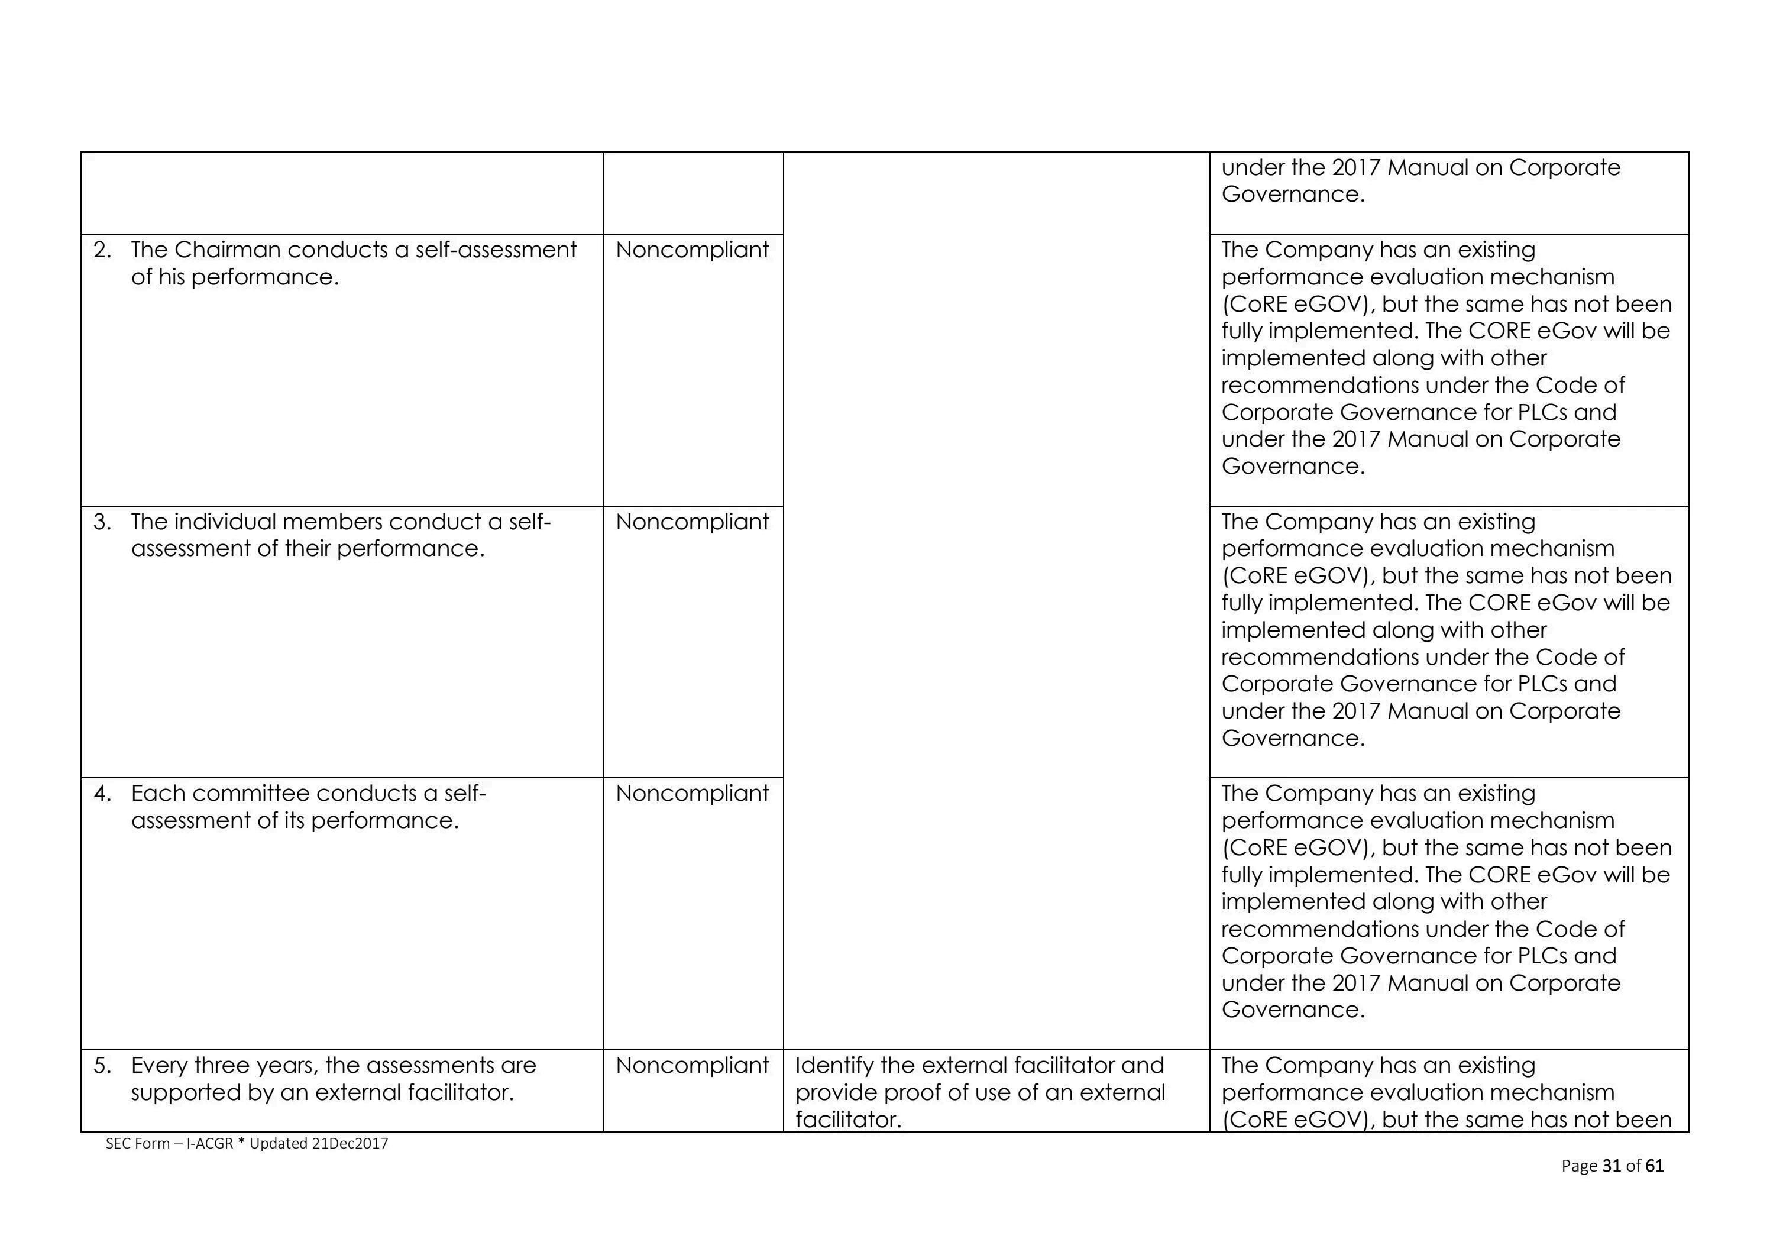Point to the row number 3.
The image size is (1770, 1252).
tap(102, 522)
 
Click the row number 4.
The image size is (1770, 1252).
tap(102, 793)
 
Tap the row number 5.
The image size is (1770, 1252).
tap(102, 1066)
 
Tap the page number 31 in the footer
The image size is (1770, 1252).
tap(1611, 1166)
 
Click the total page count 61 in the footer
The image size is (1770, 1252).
tap(1654, 1166)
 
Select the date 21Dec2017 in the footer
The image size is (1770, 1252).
tap(350, 1143)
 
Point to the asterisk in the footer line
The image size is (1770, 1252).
tap(241, 1142)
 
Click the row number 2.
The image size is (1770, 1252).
tap(102, 250)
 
